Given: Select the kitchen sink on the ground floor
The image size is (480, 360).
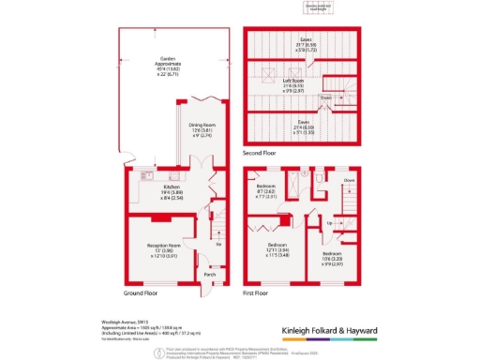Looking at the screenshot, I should tap(147, 175).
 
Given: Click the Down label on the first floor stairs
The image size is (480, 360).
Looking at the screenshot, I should tap(348, 180).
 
